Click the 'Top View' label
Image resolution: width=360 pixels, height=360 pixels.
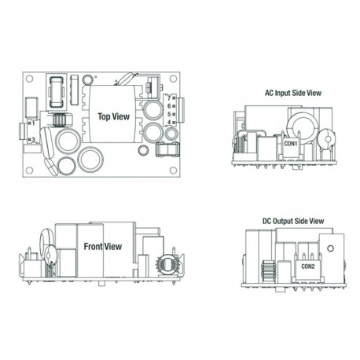[114, 116]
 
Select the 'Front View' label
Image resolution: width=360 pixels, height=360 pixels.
[103, 247]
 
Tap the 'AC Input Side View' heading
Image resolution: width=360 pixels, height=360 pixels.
[293, 93]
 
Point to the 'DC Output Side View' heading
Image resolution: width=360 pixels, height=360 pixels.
[293, 221]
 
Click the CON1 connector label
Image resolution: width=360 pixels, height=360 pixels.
[291, 144]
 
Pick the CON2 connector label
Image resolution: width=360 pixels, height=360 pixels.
[308, 266]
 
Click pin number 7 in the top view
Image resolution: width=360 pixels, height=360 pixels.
[169, 98]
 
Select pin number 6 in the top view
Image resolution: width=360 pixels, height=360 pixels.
[169, 106]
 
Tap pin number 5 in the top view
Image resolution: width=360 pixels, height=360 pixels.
[169, 114]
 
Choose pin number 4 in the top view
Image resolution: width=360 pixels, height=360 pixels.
[169, 122]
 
